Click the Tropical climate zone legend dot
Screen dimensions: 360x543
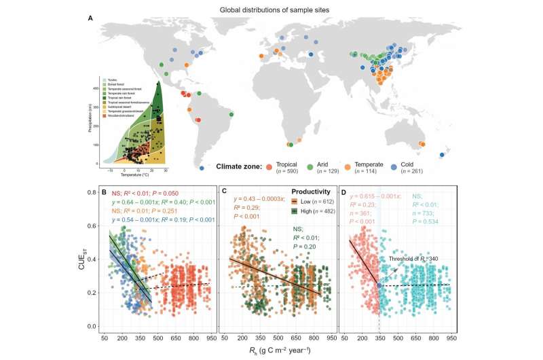pos(288,166)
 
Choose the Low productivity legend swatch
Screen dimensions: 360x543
pos(287,203)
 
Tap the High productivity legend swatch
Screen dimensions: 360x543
pos(287,212)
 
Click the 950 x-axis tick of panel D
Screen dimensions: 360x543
pos(451,338)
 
